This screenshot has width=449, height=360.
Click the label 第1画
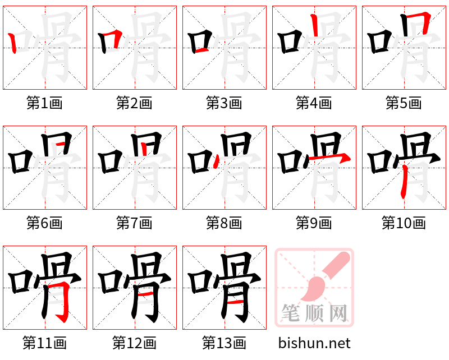point(44,103)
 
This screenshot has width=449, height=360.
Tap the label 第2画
point(134,103)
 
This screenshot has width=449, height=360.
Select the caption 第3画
point(224,103)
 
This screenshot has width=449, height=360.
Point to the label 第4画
point(314,103)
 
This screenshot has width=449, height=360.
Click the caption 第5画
point(404,103)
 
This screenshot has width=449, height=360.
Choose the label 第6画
point(44,223)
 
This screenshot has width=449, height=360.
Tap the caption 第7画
point(134,223)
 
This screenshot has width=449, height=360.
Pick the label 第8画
point(224,223)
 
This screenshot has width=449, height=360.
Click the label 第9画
point(314,223)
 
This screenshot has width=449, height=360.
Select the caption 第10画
point(404,223)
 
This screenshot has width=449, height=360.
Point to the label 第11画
point(44,343)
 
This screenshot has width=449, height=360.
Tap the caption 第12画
point(134,343)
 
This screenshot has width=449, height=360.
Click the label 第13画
point(224,343)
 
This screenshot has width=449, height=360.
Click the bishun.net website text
point(314,343)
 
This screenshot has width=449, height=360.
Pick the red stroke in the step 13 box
point(236,302)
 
